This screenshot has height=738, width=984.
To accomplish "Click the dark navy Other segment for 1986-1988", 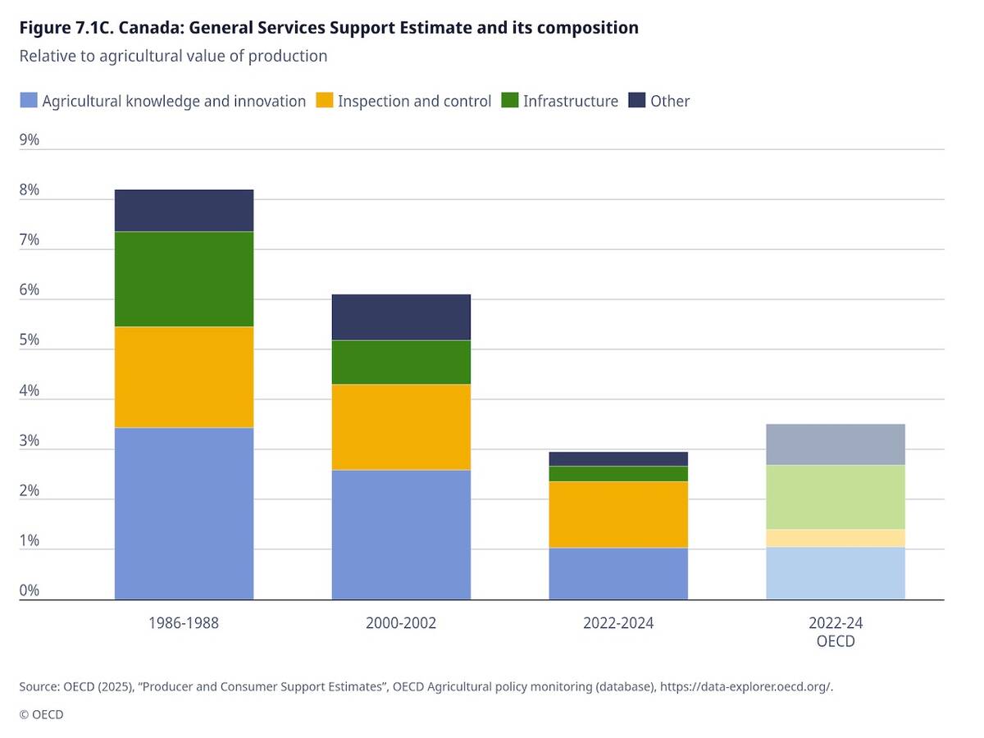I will [184, 211].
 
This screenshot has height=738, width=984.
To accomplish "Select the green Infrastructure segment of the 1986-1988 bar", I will [184, 279].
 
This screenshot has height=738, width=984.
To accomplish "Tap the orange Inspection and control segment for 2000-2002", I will [401, 426].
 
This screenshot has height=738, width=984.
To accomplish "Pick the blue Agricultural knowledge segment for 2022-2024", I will [618, 573].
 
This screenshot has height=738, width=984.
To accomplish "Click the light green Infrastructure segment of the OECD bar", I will [835, 497].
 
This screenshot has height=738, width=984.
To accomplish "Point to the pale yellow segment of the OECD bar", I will [835, 538].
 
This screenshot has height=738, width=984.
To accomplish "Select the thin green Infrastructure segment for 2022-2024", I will [618, 474].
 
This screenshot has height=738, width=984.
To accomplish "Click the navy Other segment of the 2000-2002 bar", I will [401, 317].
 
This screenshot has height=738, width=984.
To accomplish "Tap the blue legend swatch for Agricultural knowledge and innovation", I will [28, 101].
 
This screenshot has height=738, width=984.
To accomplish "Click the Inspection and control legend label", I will [414, 101].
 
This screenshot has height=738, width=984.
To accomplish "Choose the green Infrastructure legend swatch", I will [510, 101].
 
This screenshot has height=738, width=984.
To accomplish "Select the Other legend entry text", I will [670, 101].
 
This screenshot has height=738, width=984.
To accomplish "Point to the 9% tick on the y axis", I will [30, 140].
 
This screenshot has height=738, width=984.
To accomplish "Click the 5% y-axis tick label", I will [30, 340].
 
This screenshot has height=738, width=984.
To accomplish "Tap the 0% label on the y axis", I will [30, 590].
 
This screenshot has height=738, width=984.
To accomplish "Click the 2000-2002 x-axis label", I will [401, 623].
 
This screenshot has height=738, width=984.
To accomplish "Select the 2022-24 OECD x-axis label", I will [835, 632].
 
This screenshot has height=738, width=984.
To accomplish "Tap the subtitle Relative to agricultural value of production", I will [173, 56].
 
